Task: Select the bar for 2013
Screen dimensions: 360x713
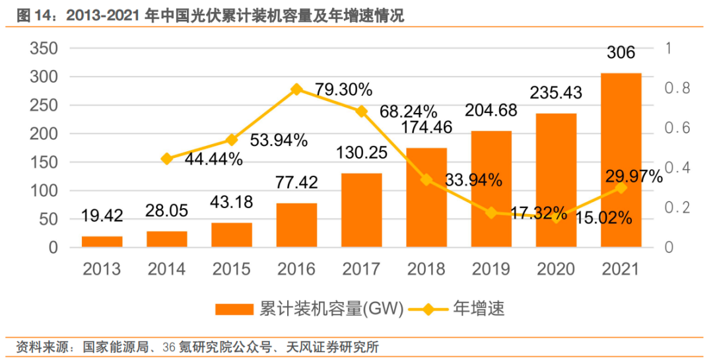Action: click(x=102, y=242)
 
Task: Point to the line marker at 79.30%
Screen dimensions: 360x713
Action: click(x=296, y=89)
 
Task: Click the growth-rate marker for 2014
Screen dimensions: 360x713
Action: click(x=166, y=159)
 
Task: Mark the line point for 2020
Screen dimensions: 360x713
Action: click(x=556, y=217)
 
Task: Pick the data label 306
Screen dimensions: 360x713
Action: click(x=621, y=53)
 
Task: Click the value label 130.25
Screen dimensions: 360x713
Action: click(x=361, y=153)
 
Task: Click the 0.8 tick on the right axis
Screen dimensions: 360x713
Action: click(x=677, y=89)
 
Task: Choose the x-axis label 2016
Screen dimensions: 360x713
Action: click(x=296, y=269)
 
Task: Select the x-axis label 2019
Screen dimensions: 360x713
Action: click(x=491, y=269)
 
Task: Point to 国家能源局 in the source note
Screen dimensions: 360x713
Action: click(x=114, y=347)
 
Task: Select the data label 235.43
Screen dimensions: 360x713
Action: click(x=556, y=92)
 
